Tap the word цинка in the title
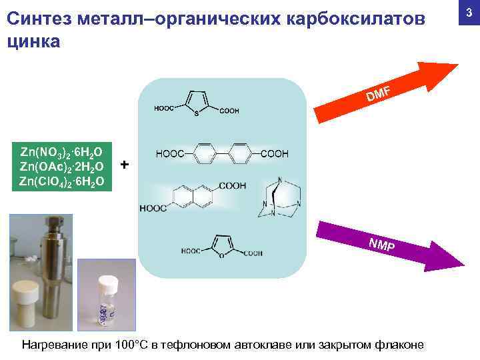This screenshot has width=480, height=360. pyautogui.click(x=33, y=41)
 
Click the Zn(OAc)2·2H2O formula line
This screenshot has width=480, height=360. pyautogui.click(x=61, y=165)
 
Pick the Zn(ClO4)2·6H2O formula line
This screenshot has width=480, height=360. pyautogui.click(x=61, y=181)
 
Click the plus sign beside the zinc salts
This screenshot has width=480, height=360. pyautogui.click(x=125, y=165)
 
